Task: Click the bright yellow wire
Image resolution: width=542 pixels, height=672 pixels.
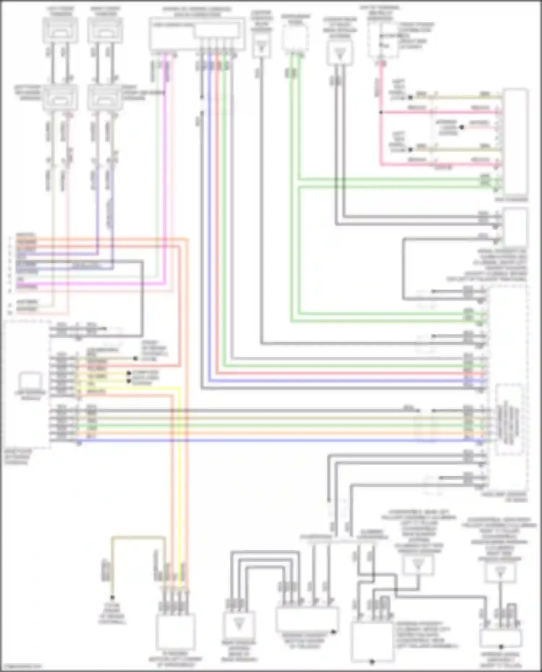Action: (x=179, y=469)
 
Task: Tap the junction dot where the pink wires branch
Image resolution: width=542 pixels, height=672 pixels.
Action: (x=380, y=112)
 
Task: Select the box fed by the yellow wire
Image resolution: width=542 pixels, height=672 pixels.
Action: (x=176, y=632)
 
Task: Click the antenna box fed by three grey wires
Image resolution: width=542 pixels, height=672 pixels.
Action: (x=238, y=625)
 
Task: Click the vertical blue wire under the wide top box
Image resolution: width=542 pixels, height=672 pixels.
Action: (x=209, y=217)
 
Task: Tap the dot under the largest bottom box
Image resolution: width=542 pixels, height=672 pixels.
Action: (x=372, y=662)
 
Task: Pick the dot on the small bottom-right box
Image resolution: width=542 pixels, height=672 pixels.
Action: (x=501, y=647)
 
